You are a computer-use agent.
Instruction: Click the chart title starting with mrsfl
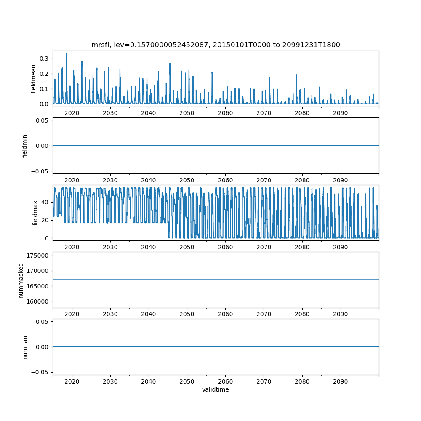216,45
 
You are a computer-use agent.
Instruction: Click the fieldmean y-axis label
33,79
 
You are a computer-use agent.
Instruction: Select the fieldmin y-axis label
25,146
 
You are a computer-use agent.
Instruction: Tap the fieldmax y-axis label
35,213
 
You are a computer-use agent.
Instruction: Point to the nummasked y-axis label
21,280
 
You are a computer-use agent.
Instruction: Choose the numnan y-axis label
25,347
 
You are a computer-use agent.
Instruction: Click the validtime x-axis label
216,390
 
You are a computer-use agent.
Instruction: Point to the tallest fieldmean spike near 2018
66,53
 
